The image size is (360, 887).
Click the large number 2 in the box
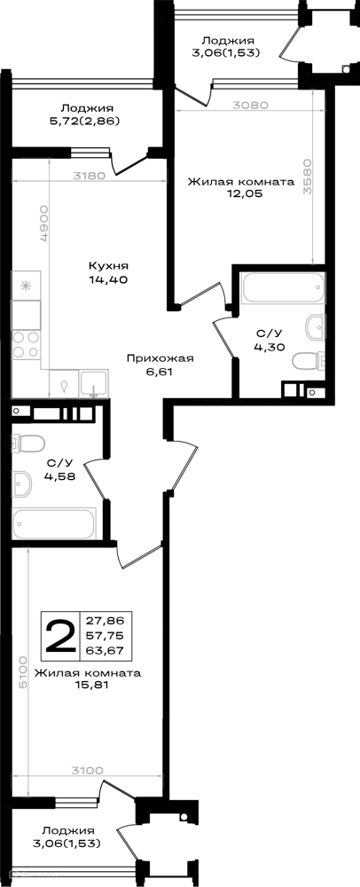click(x=60, y=636)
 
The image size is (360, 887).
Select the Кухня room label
click(x=109, y=266)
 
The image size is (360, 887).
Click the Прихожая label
click(x=160, y=358)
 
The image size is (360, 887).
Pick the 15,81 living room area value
click(x=88, y=686)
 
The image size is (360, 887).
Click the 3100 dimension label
click(x=86, y=769)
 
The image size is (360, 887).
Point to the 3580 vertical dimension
click(x=308, y=176)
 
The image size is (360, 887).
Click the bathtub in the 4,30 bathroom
click(x=283, y=288)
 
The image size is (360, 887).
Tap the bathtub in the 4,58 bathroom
click(x=54, y=524)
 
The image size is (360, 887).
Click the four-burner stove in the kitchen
click(x=27, y=344)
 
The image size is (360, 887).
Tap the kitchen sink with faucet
click(x=94, y=382)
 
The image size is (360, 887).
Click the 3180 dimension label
click(x=89, y=176)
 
